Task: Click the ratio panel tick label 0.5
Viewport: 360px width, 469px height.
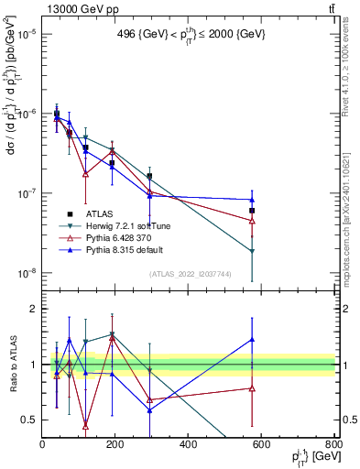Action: click(29, 420)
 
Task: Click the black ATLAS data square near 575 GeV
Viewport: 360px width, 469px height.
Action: click(252, 211)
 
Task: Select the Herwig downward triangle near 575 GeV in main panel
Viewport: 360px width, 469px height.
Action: click(252, 251)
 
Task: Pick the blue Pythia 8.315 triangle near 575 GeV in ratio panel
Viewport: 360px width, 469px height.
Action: click(252, 340)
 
